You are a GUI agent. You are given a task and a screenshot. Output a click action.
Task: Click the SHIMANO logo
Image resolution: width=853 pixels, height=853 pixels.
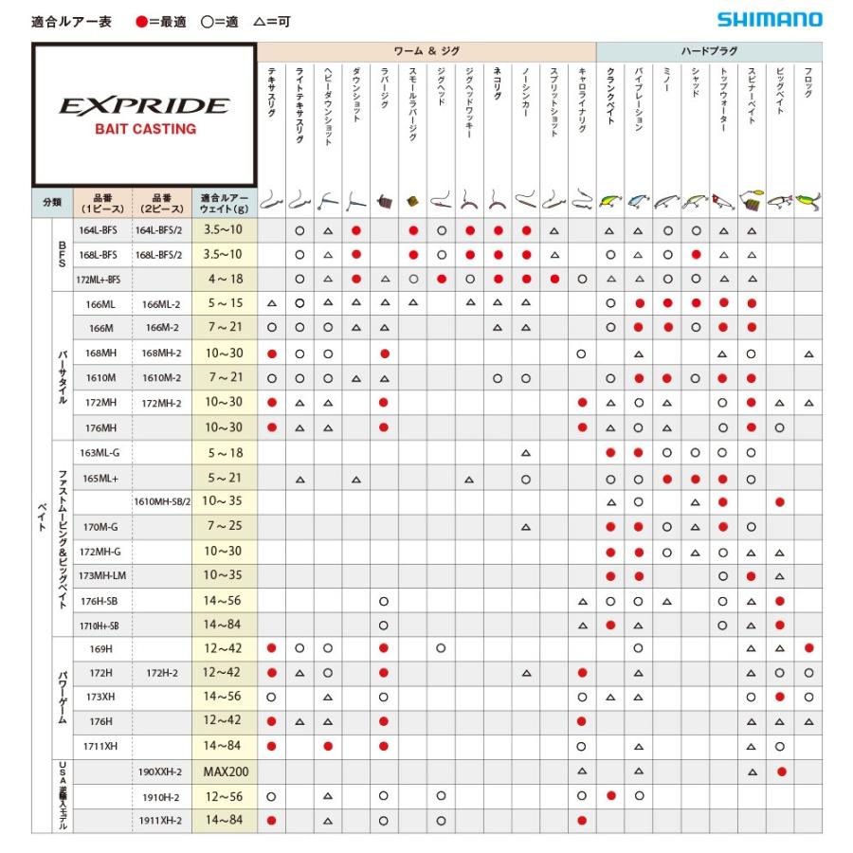pyautogui.click(x=769, y=20)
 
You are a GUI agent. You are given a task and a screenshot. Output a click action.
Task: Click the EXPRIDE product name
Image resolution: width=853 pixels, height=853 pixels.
pyautogui.click(x=144, y=105)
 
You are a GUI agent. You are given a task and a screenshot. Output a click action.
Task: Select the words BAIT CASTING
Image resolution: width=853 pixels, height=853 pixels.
pyautogui.click(x=144, y=129)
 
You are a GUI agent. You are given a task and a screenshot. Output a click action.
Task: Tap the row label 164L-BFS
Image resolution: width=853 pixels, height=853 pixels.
pyautogui.click(x=98, y=230)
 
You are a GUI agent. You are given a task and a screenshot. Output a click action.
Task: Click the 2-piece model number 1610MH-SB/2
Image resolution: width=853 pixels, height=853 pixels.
pyautogui.click(x=162, y=501)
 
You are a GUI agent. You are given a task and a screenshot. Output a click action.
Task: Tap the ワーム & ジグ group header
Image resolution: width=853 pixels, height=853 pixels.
pyautogui.click(x=426, y=51)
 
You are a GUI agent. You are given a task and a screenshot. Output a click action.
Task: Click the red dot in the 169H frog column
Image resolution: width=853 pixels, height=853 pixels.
pyautogui.click(x=808, y=649)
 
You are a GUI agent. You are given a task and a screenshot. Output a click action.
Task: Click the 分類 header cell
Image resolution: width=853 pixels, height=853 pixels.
pyautogui.click(x=52, y=202)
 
